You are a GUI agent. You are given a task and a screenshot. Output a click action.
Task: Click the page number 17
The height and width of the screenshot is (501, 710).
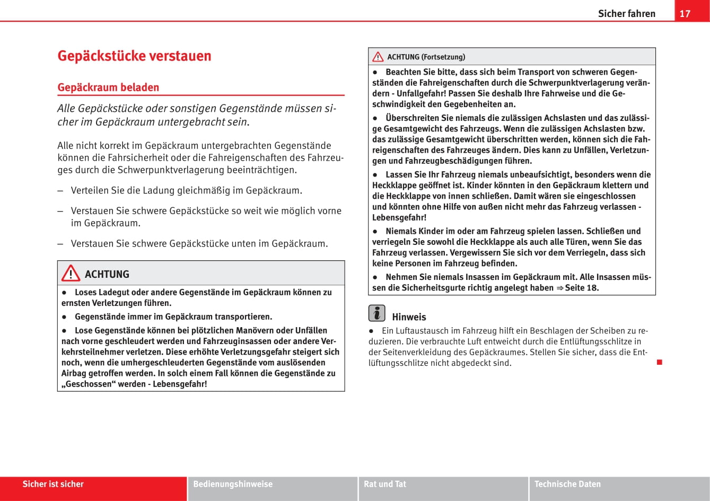click(x=685, y=13)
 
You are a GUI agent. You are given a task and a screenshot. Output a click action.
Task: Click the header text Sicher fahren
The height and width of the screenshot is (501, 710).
click(x=626, y=14)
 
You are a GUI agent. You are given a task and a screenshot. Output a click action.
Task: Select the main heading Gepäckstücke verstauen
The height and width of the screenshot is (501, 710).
click(x=134, y=56)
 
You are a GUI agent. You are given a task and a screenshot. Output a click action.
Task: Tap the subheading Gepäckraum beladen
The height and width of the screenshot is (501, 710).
click(x=108, y=87)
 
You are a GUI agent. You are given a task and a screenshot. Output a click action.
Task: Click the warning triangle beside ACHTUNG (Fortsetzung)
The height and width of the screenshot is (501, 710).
click(x=378, y=57)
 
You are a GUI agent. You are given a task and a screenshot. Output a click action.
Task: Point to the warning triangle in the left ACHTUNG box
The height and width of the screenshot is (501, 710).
click(x=71, y=274)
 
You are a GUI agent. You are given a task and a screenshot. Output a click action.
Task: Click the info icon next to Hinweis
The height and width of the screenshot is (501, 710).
click(x=376, y=313)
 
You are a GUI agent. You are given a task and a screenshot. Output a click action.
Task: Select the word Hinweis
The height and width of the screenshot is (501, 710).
click(x=409, y=317)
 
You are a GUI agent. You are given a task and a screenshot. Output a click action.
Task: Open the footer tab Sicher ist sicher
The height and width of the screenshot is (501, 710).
click(x=53, y=484)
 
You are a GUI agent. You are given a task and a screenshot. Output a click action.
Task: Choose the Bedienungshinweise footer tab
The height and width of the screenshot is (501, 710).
click(x=233, y=484)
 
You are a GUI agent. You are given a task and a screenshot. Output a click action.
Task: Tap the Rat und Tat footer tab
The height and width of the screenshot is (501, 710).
click(x=385, y=484)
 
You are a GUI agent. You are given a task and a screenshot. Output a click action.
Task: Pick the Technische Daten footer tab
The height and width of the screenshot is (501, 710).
click(x=567, y=484)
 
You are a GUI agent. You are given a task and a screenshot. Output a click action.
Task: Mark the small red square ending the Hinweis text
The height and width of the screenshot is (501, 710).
click(x=660, y=362)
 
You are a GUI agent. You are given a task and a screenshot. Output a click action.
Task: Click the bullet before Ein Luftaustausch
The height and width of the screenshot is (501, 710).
click(x=372, y=331)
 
